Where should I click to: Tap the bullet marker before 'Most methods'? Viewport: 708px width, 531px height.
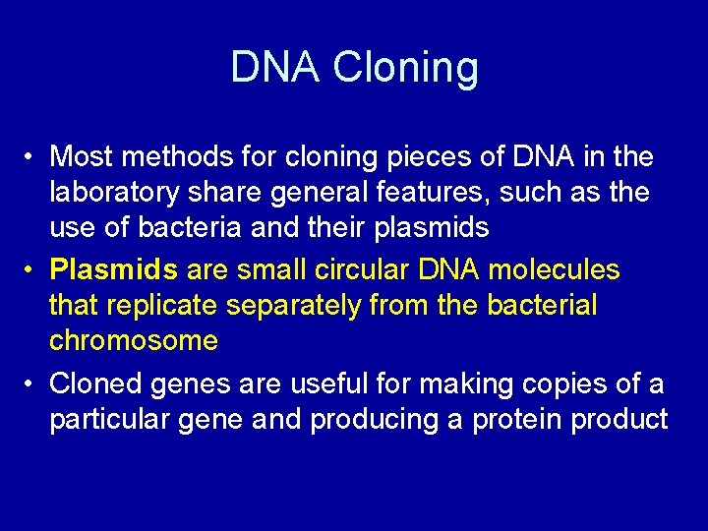click(x=32, y=157)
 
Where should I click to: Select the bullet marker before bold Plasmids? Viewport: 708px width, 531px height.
click(x=32, y=269)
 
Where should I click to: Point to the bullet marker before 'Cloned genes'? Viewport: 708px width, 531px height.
click(x=32, y=383)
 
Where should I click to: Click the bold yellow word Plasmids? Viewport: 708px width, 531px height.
click(x=112, y=269)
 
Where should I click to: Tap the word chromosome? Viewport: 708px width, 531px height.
click(x=134, y=342)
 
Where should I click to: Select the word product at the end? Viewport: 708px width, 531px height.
click(x=619, y=420)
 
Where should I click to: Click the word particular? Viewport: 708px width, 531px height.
click(x=109, y=420)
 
